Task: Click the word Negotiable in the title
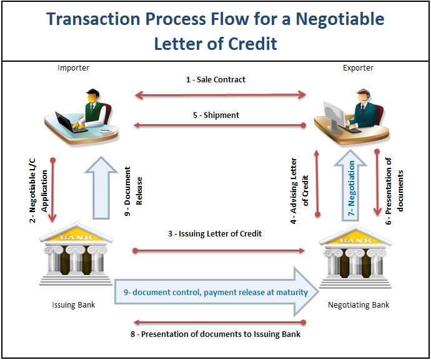pyautogui.click(x=340, y=19)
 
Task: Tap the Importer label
pyautogui.click(x=73, y=68)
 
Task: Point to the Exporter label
pyautogui.click(x=358, y=68)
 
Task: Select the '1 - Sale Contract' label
pyautogui.click(x=215, y=80)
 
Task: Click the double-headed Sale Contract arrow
pyautogui.click(x=220, y=95)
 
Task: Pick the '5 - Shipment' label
pyautogui.click(x=216, y=115)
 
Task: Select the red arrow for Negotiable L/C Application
pyautogui.click(x=52, y=190)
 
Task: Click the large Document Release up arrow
pyautogui.click(x=101, y=188)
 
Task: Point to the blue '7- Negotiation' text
pyautogui.click(x=351, y=188)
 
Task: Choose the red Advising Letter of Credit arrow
pyautogui.click(x=317, y=183)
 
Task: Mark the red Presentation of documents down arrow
pyautogui.click(x=377, y=183)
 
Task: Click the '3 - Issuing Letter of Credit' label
pyautogui.click(x=215, y=234)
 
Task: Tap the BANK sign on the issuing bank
pyautogui.click(x=76, y=237)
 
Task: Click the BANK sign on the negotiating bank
pyautogui.click(x=356, y=241)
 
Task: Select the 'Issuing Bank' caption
pyautogui.click(x=73, y=305)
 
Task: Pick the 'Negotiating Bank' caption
pyautogui.click(x=359, y=305)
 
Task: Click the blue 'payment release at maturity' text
pyautogui.click(x=255, y=293)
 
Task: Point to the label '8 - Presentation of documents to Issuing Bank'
pyautogui.click(x=215, y=334)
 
